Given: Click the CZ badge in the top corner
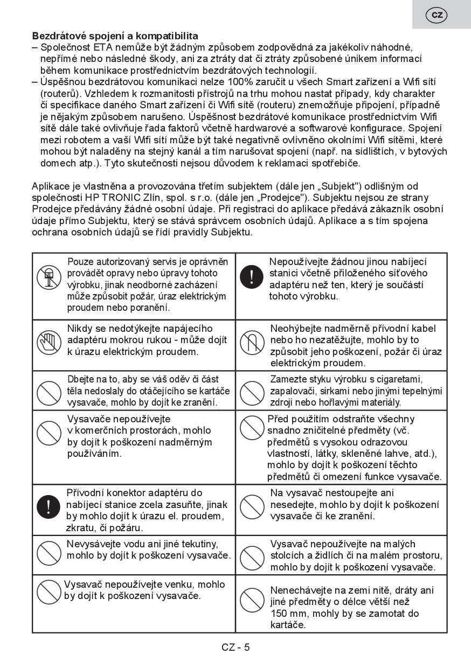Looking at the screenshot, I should [x=437, y=15].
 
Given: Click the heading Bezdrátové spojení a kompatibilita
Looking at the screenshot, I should [x=115, y=36].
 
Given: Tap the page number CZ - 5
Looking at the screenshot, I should [x=235, y=647].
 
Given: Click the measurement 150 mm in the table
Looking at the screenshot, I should [x=288, y=614].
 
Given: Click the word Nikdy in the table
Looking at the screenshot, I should [x=79, y=329].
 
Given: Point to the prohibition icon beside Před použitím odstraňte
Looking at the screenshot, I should [x=251, y=428].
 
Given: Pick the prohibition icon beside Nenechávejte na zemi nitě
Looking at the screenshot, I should [x=251, y=601].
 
